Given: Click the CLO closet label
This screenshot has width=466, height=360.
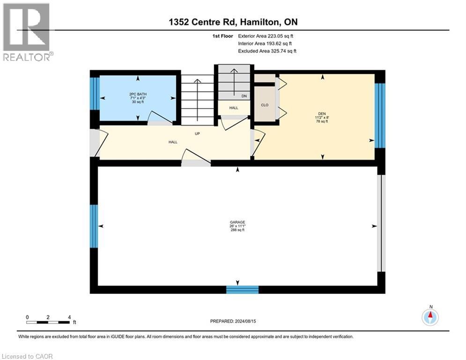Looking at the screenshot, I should point(265,105).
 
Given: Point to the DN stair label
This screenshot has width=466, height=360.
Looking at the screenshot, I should point(244,96).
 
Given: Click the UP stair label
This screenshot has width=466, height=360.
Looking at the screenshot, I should point(198,133).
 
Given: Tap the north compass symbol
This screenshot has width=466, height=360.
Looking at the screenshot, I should point(430,317).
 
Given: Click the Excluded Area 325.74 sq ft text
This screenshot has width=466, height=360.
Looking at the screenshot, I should point(267,51).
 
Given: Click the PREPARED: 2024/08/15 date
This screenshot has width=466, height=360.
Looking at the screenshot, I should point(233,321).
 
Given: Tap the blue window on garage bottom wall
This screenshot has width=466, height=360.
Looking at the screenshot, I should point(242,289).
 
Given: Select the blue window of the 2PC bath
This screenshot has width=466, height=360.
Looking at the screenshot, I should point(95,93).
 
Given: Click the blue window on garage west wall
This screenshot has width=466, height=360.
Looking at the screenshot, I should point(94,226).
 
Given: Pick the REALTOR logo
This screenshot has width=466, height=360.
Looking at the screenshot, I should point(27,32).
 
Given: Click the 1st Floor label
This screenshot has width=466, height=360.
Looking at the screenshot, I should point(223,36).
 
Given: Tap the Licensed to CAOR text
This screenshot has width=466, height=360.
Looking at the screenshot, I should point(28,356).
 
